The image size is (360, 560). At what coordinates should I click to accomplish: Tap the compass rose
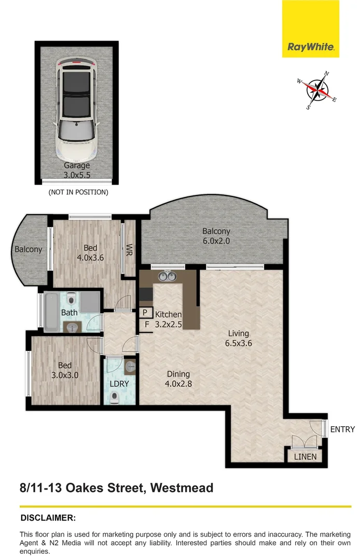pos(319,91)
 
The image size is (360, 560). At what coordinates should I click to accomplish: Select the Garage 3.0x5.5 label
pos(77,170)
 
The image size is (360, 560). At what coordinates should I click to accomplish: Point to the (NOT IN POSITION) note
pos(78,192)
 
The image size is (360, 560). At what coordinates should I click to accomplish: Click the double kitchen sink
pos(167,276)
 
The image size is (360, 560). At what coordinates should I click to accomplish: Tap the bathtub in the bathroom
pos(52,313)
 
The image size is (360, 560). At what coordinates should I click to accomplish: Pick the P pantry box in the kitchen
pos(145,313)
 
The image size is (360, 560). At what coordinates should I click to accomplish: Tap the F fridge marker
pos(147,325)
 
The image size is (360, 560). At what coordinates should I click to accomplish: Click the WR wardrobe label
pos(130,250)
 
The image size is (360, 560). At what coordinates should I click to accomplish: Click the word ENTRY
pos(342,429)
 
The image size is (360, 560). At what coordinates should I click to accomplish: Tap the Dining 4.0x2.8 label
pos(178,379)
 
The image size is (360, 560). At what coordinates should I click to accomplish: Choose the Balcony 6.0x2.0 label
pos(216,236)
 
